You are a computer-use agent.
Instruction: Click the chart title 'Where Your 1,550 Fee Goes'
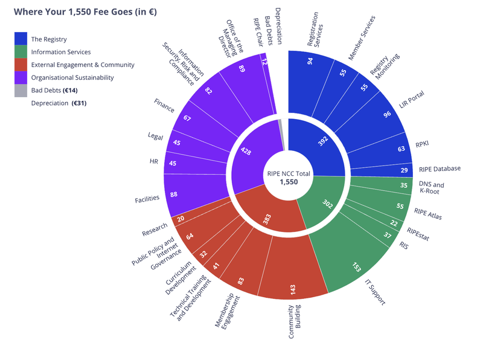pos(85,11)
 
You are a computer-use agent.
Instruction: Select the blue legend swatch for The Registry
pos(21,39)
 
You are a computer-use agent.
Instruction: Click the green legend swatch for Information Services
pos(21,52)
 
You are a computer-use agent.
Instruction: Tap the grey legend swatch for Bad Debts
pos(21,91)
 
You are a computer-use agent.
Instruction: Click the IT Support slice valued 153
pos(356,266)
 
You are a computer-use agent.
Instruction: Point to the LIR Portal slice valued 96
pos(387,112)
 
